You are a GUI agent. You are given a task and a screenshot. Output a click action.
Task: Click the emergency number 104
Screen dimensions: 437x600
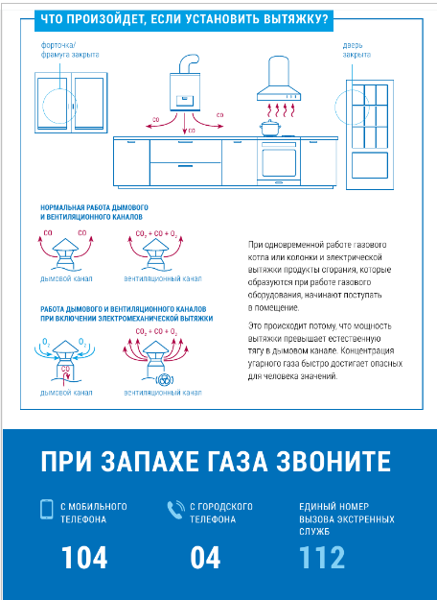coord(84,558)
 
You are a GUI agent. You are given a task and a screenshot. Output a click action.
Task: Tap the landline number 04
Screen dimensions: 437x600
coord(205,558)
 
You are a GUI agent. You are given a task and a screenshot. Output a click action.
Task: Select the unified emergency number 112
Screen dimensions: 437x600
coord(322,558)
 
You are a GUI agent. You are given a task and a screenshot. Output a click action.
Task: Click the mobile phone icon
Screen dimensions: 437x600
coord(47,510)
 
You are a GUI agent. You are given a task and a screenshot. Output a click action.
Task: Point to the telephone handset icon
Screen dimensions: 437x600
coord(175,510)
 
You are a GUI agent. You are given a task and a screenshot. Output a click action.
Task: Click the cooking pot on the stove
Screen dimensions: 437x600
coord(270,128)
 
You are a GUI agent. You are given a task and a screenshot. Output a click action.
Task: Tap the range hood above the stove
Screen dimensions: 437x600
coord(277,79)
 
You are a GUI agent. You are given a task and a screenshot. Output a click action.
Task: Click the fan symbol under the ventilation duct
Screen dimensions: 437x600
coord(165,379)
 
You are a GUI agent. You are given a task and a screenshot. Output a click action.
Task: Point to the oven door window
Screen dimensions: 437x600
coord(279,162)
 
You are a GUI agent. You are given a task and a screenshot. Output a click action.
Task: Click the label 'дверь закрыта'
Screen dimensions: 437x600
coord(356,50)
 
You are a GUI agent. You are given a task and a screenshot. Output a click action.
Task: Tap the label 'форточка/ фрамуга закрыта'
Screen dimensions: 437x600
coord(70,50)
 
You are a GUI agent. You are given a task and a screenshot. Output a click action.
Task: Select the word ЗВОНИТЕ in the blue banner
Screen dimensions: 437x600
coord(333,462)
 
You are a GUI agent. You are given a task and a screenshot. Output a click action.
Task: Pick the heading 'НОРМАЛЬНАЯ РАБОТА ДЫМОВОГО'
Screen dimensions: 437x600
coord(94,207)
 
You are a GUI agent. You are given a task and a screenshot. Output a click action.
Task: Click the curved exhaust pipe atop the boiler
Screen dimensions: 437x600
coord(188,64)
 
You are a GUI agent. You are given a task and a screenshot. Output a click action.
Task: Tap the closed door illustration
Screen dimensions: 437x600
coord(370,134)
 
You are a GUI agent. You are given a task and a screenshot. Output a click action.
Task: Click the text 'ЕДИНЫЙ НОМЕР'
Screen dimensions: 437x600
coord(334,506)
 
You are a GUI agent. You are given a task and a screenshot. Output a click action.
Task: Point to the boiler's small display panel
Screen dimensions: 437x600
coord(185,101)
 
